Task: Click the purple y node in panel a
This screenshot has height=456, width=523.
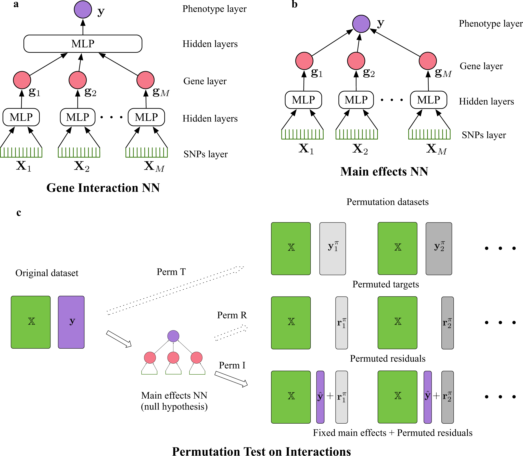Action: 83,10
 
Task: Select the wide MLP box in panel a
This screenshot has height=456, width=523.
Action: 83,44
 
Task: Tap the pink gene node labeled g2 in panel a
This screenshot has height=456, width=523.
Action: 78,80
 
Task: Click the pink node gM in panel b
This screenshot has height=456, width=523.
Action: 428,61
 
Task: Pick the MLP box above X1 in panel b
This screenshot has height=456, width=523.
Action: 303,100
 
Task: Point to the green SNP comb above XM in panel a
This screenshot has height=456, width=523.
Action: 147,153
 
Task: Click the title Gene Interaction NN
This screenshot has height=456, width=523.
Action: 103,188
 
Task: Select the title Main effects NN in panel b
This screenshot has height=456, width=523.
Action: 384,171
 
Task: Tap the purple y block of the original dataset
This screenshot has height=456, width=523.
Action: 71,322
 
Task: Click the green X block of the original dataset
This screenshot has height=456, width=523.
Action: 31,322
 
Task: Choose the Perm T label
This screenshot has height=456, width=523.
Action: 171,272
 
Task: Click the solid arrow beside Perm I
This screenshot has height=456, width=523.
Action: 231,379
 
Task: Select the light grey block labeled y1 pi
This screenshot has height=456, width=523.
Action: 333,249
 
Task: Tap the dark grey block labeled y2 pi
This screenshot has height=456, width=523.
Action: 439,249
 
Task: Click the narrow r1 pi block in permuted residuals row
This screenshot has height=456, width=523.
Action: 341,323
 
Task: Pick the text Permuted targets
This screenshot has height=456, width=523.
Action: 386,284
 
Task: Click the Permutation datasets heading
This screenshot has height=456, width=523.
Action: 387,202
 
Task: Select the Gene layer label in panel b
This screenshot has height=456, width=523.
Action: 481,66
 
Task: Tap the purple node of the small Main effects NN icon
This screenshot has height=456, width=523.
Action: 173,336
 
